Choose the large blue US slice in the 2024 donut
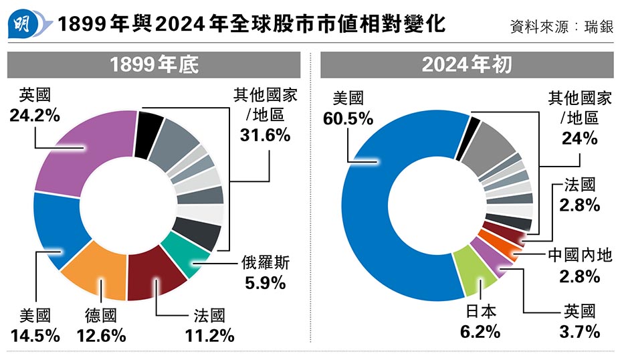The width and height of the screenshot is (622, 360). [x=375, y=221]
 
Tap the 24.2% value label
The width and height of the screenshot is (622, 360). [x=35, y=114]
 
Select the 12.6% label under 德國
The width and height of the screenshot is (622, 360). [x=101, y=335]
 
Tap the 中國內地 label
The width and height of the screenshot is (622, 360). [x=580, y=256]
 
